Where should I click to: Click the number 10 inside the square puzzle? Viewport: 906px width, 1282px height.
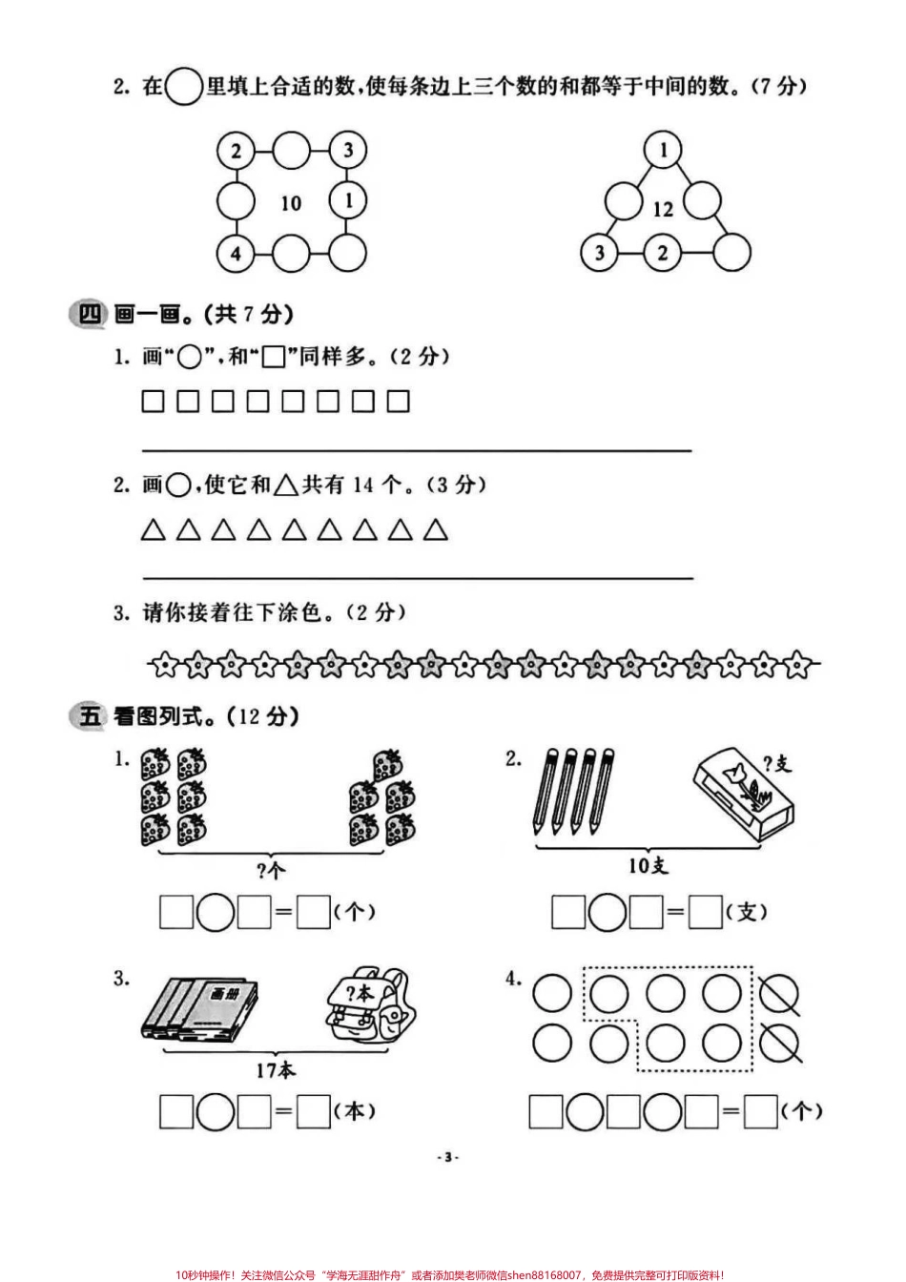click(x=291, y=202)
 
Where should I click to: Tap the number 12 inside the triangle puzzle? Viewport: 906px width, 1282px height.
click(x=663, y=209)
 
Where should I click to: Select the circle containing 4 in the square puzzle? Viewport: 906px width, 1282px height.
click(x=236, y=254)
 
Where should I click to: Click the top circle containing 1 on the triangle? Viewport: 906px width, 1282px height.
click(x=664, y=150)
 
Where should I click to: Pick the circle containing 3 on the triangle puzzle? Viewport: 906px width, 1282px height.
click(x=600, y=253)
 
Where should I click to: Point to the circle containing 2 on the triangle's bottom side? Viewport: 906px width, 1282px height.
click(x=663, y=253)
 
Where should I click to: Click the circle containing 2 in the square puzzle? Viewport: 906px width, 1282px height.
click(x=236, y=150)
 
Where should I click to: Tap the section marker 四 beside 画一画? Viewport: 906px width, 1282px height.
click(x=89, y=313)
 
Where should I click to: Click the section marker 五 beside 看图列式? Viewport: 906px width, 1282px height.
click(x=89, y=715)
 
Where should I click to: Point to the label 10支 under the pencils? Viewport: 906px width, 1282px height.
click(x=648, y=864)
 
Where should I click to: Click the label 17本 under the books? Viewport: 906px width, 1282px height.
click(x=275, y=1069)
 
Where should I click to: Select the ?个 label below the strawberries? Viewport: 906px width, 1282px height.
click(x=271, y=869)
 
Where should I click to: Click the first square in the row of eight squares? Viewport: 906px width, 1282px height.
click(x=153, y=402)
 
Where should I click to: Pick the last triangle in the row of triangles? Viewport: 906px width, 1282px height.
click(x=436, y=529)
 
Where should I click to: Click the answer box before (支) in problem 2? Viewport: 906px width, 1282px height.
click(x=706, y=913)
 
